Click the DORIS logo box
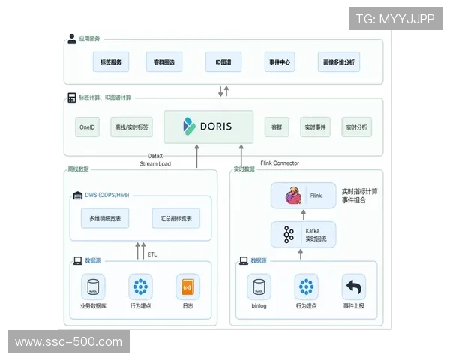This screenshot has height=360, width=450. tap(208, 127)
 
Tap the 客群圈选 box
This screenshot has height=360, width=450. tap(164, 61)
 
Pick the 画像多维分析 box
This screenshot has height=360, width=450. tap(339, 61)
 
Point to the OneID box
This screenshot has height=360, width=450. tap(87, 127)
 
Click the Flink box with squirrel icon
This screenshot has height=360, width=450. tap(304, 196)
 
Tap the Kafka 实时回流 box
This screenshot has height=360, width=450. tap(304, 234)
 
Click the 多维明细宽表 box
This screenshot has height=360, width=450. tap(106, 218)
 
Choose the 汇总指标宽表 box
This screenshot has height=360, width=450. tap(175, 218)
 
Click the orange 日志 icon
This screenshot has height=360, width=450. tap(187, 287)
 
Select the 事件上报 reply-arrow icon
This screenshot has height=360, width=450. tap(353, 287)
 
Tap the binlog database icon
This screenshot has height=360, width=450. tap(259, 287)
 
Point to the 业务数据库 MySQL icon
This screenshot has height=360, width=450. tap(95, 287)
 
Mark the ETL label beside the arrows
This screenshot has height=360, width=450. tap(153, 254)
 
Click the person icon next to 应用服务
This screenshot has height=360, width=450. tap(72, 39)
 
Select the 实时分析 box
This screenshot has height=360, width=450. tap(357, 127)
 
